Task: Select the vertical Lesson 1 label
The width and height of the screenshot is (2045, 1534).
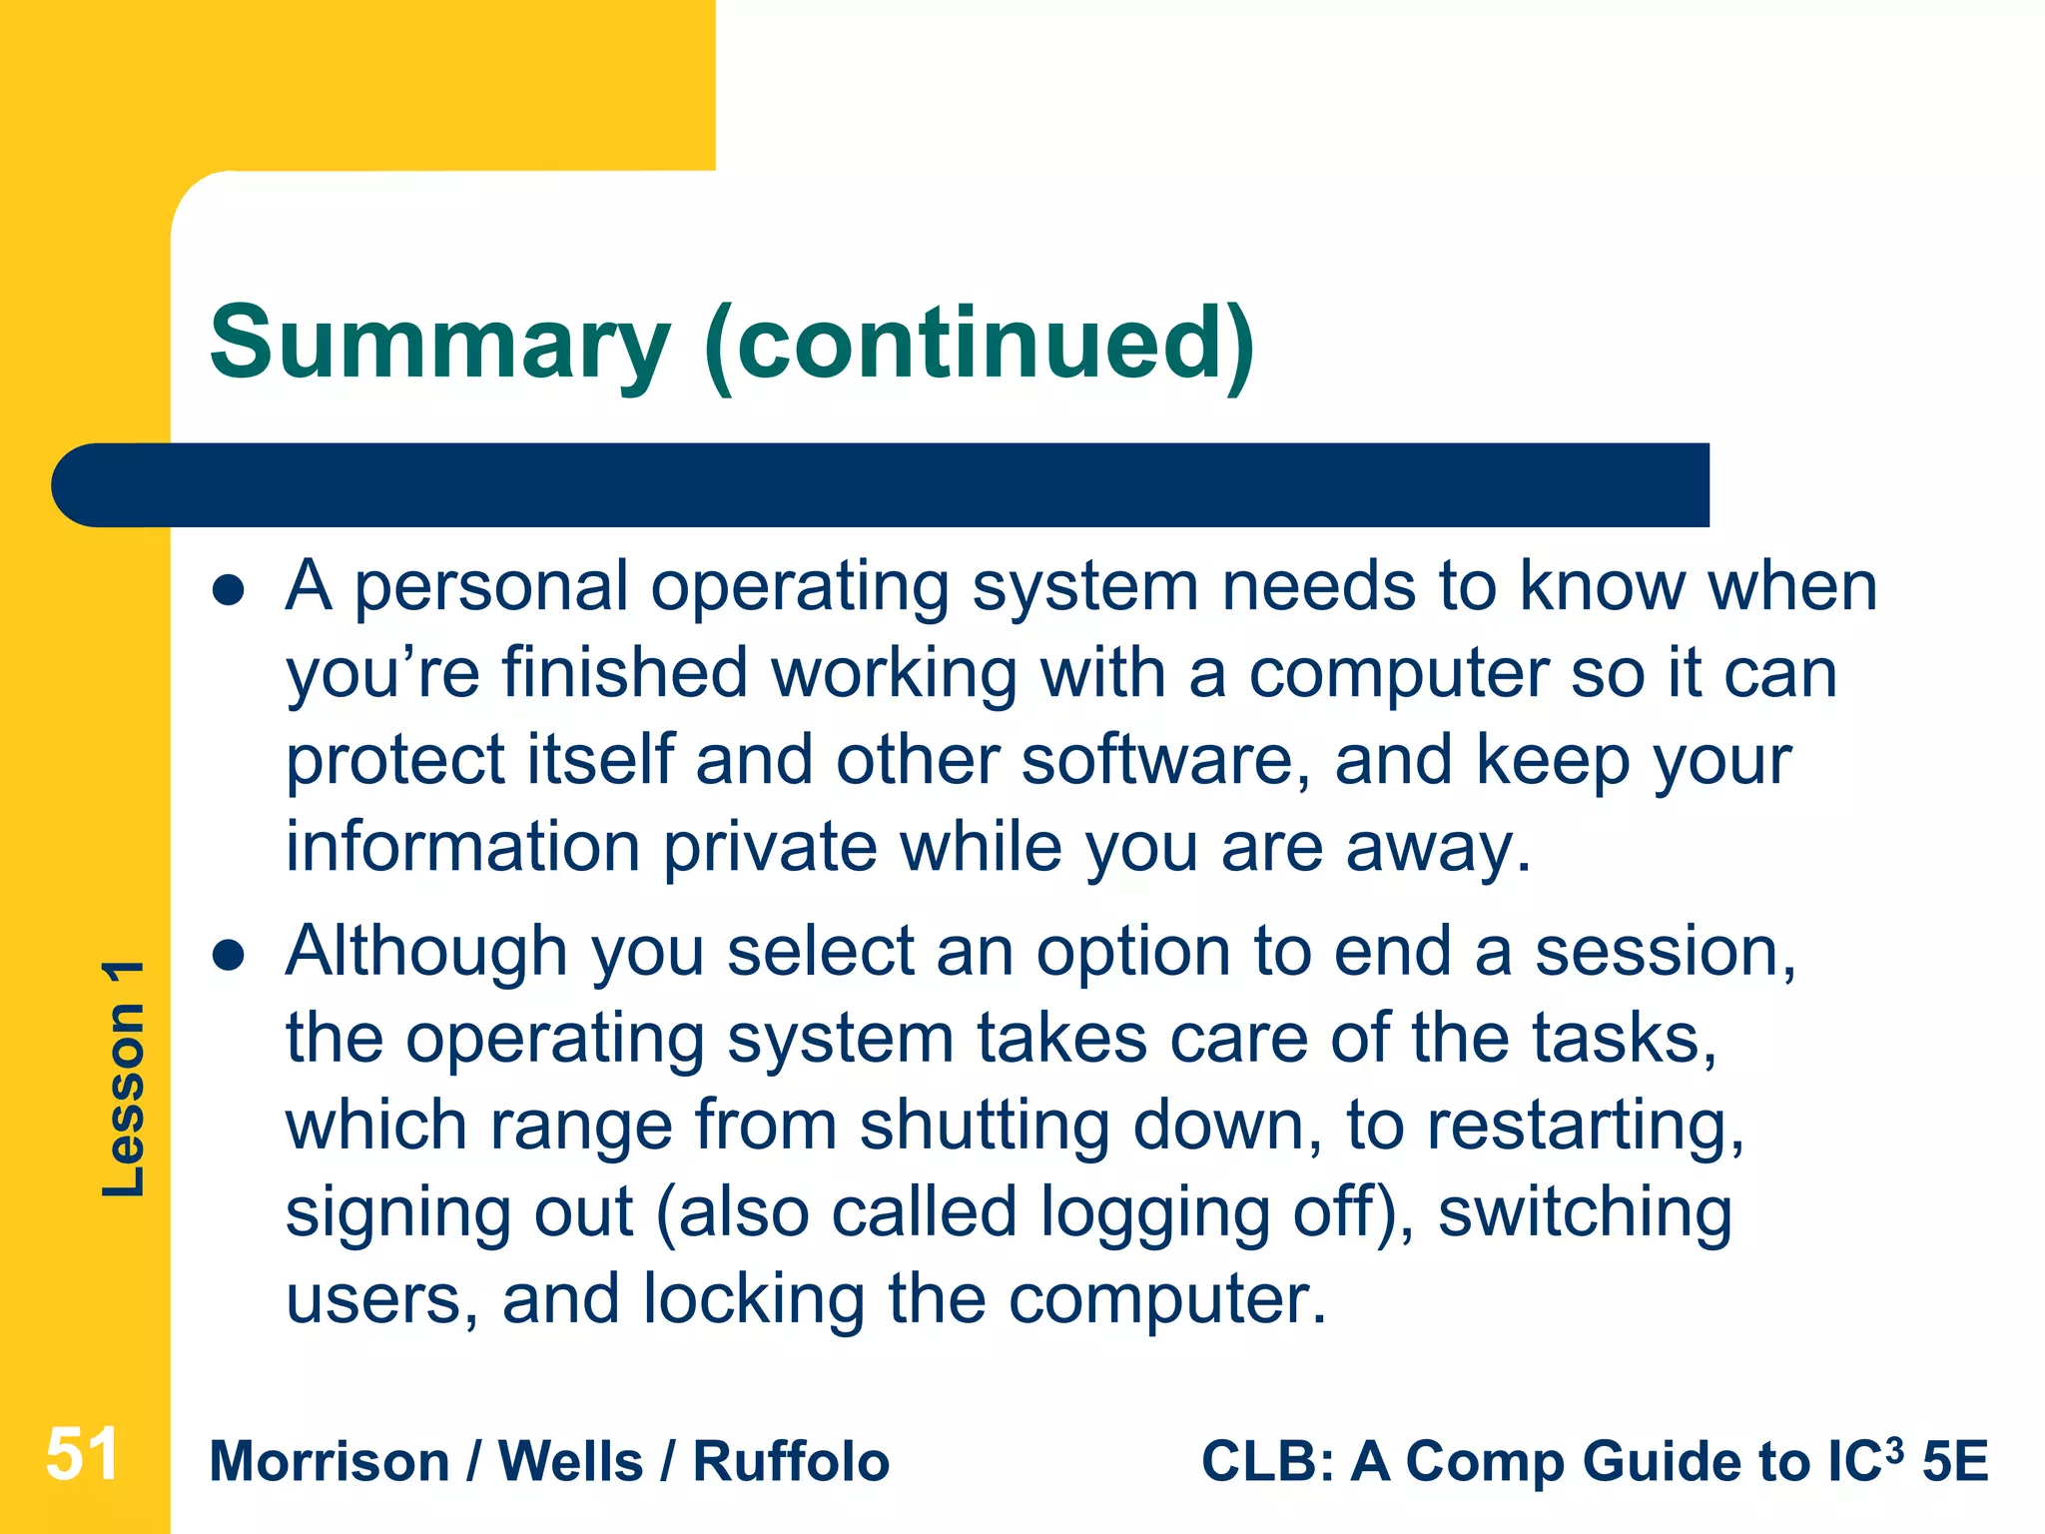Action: [x=124, y=1079]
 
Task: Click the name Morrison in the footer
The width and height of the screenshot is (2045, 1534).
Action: [x=330, y=1462]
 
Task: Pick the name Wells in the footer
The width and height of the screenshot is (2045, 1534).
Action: [x=570, y=1462]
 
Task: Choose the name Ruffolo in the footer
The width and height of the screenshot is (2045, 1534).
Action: [x=791, y=1462]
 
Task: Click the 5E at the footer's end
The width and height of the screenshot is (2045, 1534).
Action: [x=1955, y=1462]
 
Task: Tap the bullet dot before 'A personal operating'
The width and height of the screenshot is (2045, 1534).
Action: [x=229, y=589]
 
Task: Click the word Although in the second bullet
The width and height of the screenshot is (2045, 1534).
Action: [x=426, y=952]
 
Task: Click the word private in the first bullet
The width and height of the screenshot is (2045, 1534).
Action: [x=770, y=848]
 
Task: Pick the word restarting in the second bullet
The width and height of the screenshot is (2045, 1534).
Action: [x=1585, y=1126]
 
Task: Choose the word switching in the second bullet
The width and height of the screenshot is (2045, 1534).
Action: [x=1585, y=1212]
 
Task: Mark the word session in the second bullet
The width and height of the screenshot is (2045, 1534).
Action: [x=1665, y=952]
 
